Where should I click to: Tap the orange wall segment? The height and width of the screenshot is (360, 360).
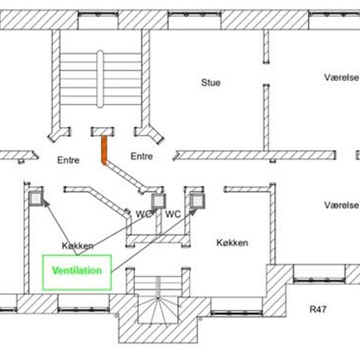[x=104, y=150]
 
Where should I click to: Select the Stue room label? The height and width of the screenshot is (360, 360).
[x=211, y=82]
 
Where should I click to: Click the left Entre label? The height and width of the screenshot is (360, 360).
[x=68, y=160]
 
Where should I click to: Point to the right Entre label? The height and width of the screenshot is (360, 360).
[x=141, y=156]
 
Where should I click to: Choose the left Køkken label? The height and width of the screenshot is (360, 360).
[x=78, y=246]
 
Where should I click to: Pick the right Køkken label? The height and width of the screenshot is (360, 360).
[x=232, y=243]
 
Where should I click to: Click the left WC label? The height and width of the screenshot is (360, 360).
[x=144, y=214]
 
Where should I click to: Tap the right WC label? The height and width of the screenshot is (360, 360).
[x=173, y=214]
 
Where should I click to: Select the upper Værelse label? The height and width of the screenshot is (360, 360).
[x=342, y=77]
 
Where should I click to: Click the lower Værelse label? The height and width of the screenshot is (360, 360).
[x=342, y=206]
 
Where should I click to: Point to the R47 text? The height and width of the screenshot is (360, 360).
[x=318, y=309]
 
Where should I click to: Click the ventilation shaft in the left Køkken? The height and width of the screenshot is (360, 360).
[x=36, y=198]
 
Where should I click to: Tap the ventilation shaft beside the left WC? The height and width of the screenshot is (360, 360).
[x=158, y=201]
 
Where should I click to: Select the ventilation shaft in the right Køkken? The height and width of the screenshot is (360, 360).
[x=198, y=201]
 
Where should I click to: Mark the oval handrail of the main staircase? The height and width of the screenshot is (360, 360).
[x=100, y=79]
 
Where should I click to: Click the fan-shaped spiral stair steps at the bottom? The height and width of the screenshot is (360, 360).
[x=158, y=310]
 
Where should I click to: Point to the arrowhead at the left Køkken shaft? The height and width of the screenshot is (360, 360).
[x=46, y=203]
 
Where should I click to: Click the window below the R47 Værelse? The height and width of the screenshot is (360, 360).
[x=319, y=280]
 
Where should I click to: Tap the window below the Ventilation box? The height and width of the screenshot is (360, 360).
[x=84, y=310]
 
